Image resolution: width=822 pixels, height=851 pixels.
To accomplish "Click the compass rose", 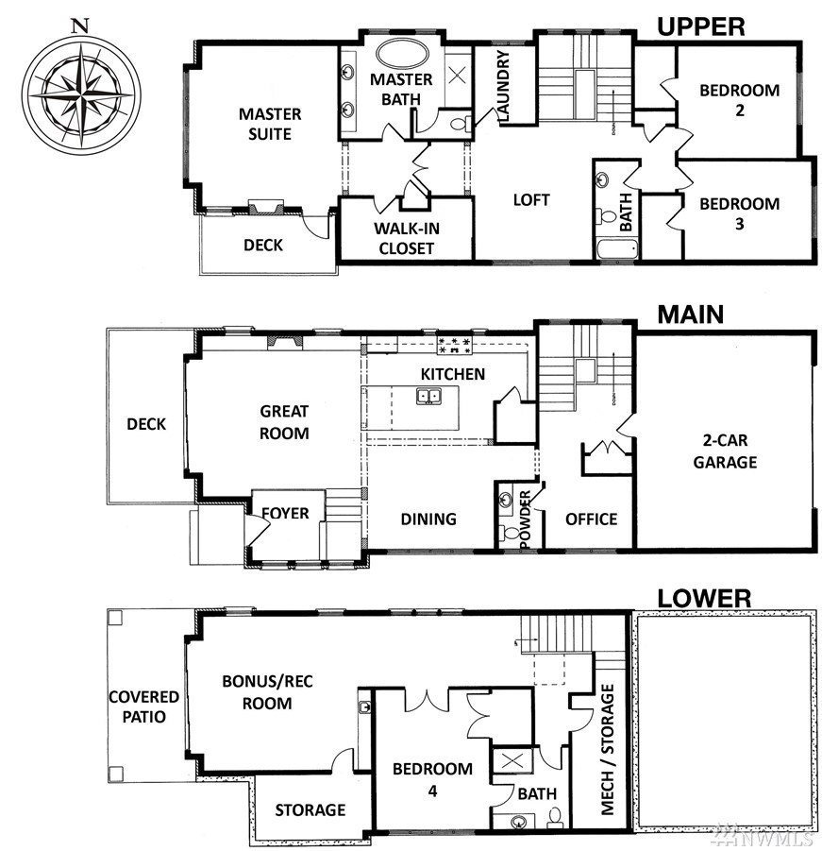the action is pos(81,95).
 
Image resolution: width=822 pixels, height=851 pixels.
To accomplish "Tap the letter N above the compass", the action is pos(80,26).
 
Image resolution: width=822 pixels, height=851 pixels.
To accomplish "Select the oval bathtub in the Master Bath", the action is pos(402,55).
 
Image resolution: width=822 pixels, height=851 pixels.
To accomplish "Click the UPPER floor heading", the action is pos(700,26).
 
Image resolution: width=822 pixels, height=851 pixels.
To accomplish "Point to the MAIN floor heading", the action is pos(690,315).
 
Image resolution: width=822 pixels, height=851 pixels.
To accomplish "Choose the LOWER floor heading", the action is pos(704,599).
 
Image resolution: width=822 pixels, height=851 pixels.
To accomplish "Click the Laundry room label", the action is pos(503,85).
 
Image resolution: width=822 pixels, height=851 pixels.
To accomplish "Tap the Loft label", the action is pos(530,200).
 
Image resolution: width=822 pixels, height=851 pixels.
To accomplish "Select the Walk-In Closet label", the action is pos(406,238).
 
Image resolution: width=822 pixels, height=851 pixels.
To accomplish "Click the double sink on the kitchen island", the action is pos(428,396).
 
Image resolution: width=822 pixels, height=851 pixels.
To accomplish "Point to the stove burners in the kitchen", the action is pos(454,346).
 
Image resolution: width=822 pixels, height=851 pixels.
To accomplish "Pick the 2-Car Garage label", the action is pos(725,451).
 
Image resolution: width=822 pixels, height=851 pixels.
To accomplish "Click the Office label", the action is pos(591,519).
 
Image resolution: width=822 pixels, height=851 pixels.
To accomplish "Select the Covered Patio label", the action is pos(143,706).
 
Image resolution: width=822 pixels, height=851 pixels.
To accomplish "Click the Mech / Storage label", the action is pos(607,750).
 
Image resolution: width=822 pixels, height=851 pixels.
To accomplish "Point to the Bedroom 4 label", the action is pos(432,779).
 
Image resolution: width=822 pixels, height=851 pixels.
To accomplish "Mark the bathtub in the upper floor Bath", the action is pos(617,250).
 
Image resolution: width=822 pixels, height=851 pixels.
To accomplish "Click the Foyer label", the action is pos(285,513).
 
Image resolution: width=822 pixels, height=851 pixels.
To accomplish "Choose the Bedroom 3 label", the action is pos(740,213).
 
